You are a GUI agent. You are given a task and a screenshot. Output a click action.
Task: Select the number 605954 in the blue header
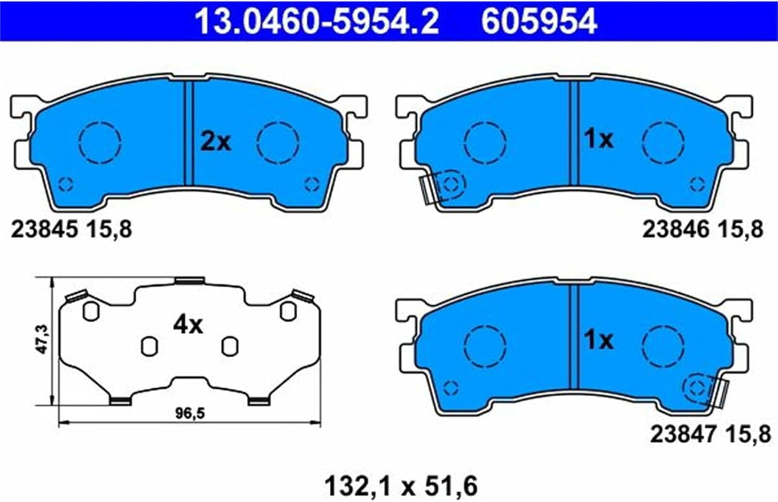[539, 22]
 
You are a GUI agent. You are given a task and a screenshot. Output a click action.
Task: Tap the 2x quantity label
[216, 142]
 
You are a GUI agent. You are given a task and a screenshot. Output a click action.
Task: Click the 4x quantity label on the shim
[188, 325]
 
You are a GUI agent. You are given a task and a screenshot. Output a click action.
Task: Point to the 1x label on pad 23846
[599, 140]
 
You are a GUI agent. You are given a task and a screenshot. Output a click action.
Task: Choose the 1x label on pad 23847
[599, 340]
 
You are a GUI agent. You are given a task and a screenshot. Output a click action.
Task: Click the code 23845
[45, 230]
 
